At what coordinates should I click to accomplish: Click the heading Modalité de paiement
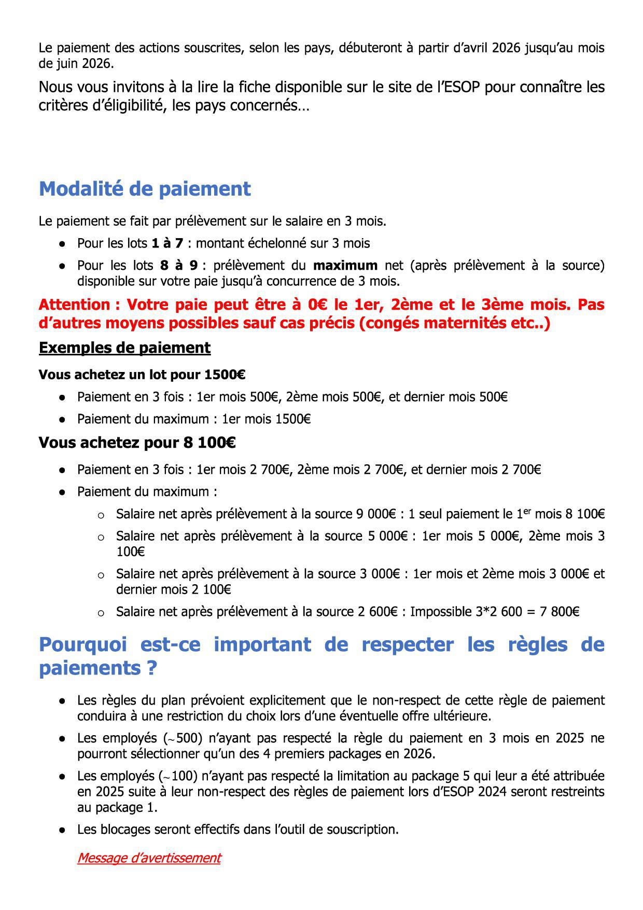tap(145, 189)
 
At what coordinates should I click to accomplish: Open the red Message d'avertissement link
tap(149, 858)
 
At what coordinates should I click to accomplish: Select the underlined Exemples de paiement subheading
tap(124, 348)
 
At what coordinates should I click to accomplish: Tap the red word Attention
tap(74, 305)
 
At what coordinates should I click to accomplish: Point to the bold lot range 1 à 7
tap(167, 243)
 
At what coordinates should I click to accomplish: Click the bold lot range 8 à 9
tap(179, 266)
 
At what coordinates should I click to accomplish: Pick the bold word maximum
tap(345, 266)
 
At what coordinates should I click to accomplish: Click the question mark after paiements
tap(151, 668)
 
